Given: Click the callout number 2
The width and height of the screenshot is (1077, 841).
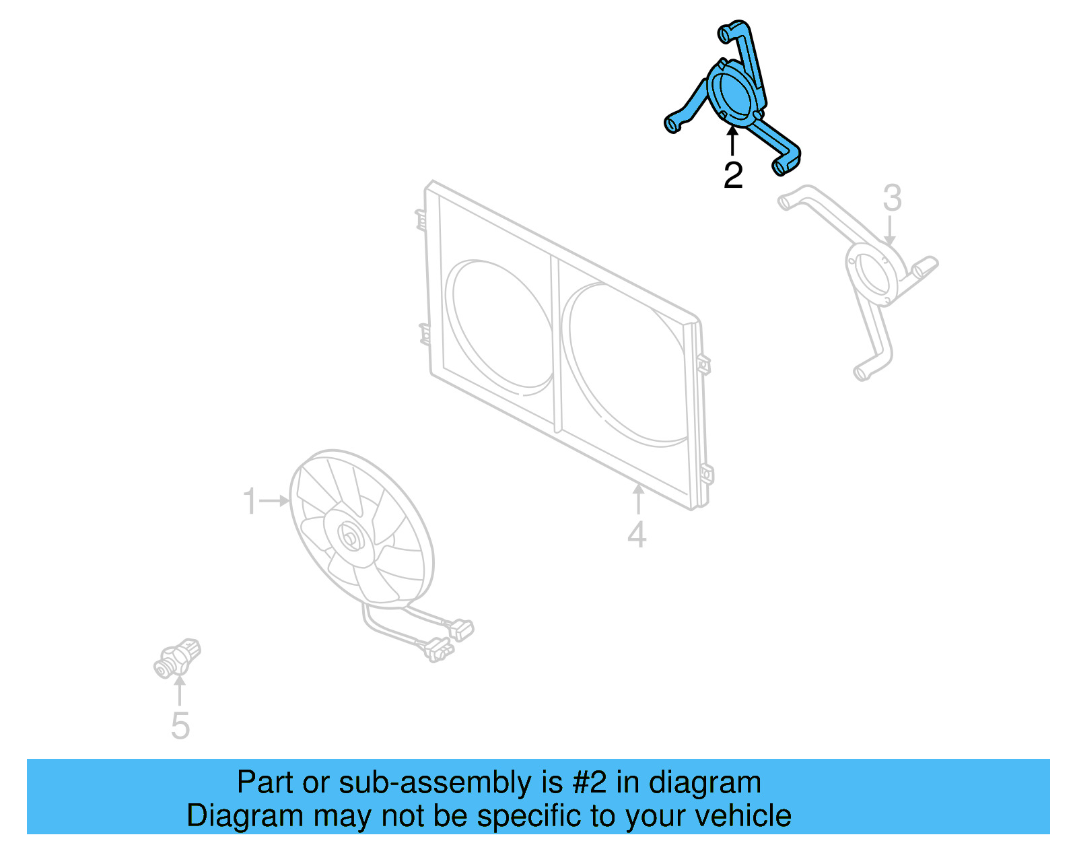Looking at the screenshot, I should pyautogui.click(x=733, y=175).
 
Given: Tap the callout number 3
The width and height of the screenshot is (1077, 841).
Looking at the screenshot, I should pyautogui.click(x=892, y=198).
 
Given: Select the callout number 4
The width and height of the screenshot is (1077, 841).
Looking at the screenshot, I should pyautogui.click(x=637, y=535).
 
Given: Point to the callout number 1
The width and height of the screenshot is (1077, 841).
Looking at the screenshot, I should pyautogui.click(x=250, y=502).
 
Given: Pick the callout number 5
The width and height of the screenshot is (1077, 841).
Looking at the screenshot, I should pyautogui.click(x=180, y=726).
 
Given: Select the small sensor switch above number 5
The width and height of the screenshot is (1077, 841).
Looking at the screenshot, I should pyautogui.click(x=177, y=658).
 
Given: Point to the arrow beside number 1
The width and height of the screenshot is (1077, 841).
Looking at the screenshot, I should pyautogui.click(x=275, y=501).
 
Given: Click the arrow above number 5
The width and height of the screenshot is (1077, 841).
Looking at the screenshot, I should pyautogui.click(x=179, y=690).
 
